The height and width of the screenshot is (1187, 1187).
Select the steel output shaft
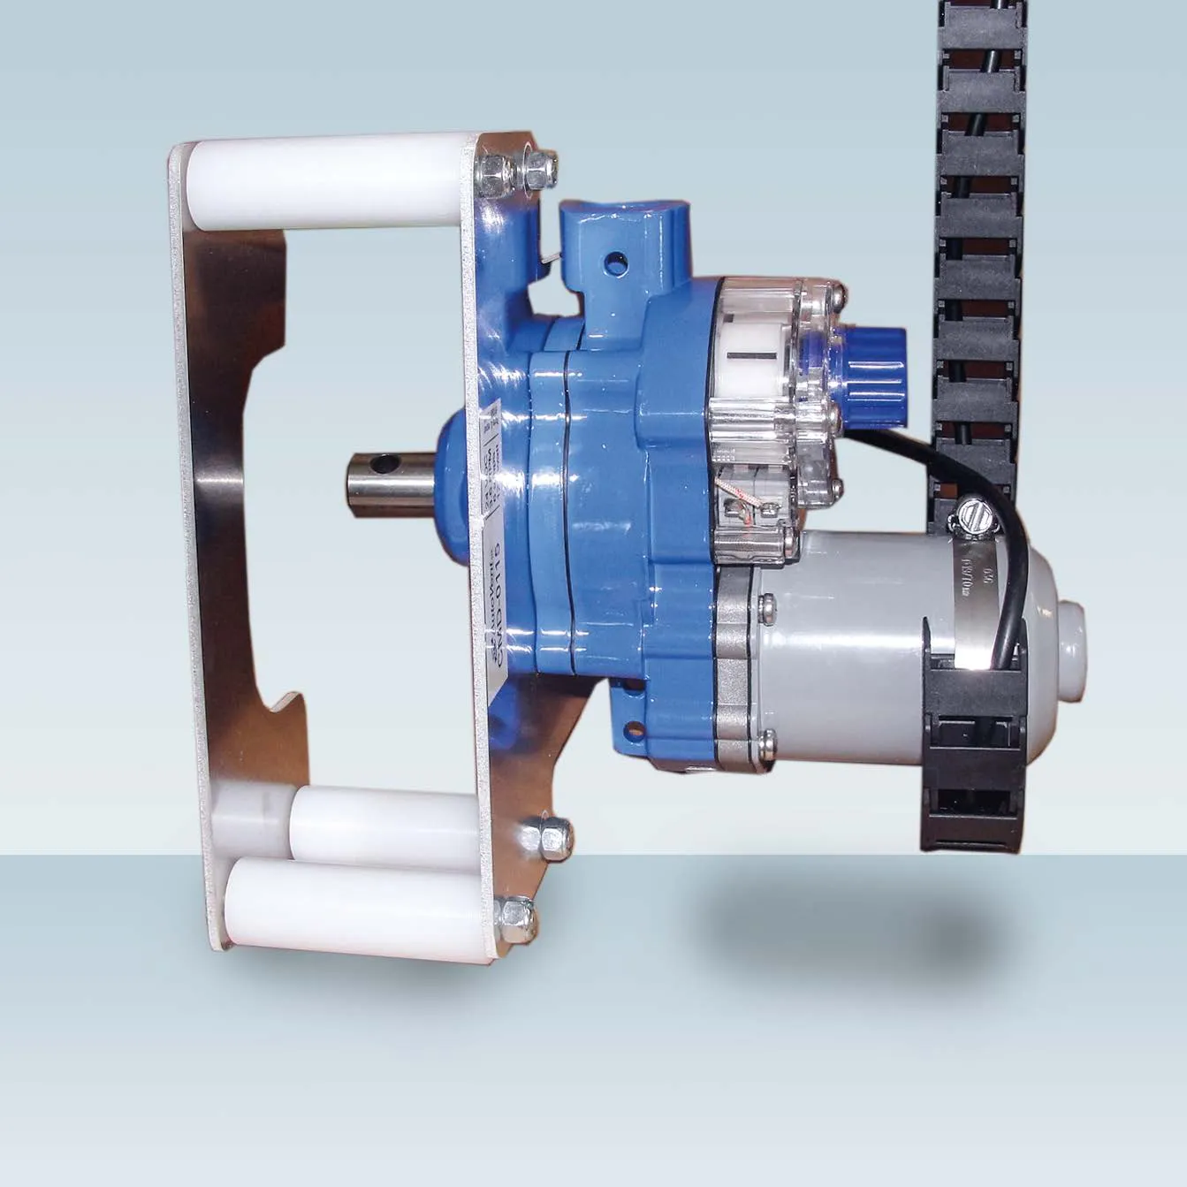[389, 483]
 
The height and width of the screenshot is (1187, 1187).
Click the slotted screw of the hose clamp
[968, 514]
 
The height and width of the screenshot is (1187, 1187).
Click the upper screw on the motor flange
[765, 605]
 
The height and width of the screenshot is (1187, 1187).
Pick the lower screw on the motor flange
[765, 742]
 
